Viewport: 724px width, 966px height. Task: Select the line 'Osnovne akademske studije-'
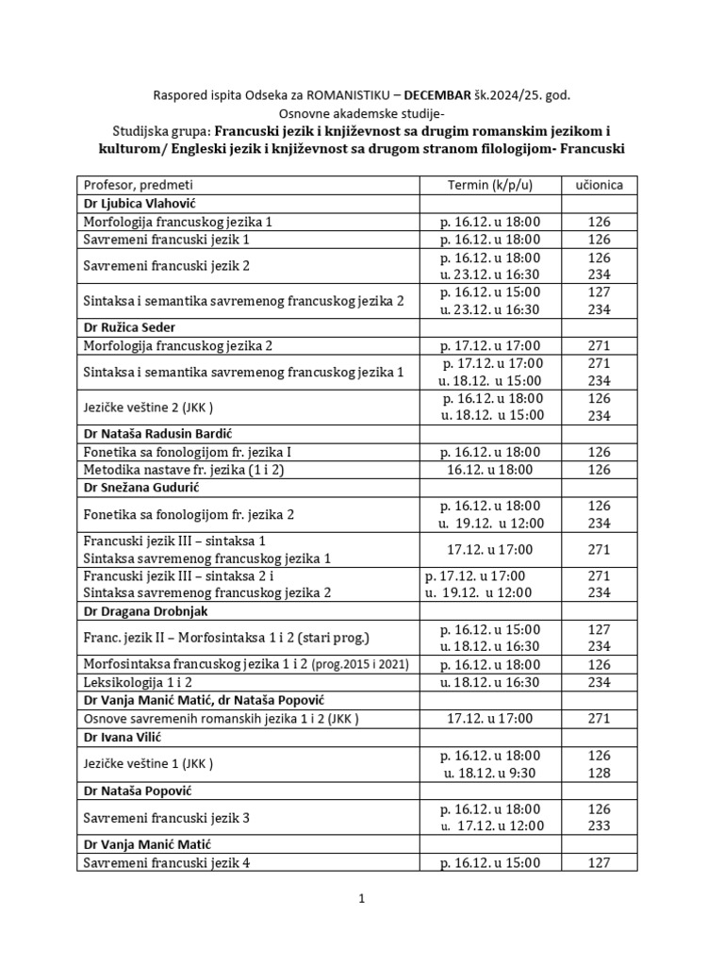361,113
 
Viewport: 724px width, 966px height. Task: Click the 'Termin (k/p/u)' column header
490,185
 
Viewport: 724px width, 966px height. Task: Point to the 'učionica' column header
599,185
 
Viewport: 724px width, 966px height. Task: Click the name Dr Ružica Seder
130,327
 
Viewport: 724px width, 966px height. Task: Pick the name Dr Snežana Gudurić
142,487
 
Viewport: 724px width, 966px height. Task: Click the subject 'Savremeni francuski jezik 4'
166,862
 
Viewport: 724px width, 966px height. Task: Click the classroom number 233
599,826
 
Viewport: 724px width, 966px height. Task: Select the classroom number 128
599,773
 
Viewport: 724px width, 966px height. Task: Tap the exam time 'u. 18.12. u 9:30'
490,773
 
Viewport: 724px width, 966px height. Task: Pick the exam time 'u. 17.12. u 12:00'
490,826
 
